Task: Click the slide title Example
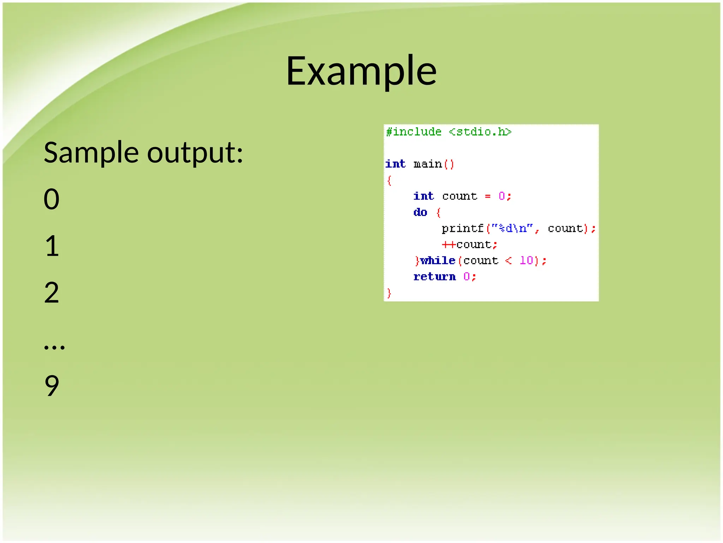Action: tap(361, 72)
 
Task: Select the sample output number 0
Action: tap(52, 199)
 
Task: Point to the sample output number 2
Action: tap(52, 293)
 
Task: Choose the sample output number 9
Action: tap(52, 386)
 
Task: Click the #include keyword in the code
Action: tap(413, 132)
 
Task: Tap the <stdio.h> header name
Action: tap(480, 132)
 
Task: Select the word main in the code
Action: tap(428, 164)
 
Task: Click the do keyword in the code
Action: tap(420, 212)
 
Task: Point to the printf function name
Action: tap(462, 228)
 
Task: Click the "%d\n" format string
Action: tap(512, 228)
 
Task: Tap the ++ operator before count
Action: tap(448, 245)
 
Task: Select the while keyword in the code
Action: tap(438, 261)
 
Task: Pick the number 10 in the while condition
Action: tap(526, 261)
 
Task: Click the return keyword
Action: tap(435, 277)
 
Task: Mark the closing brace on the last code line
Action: tap(389, 293)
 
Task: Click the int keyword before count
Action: tap(423, 196)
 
